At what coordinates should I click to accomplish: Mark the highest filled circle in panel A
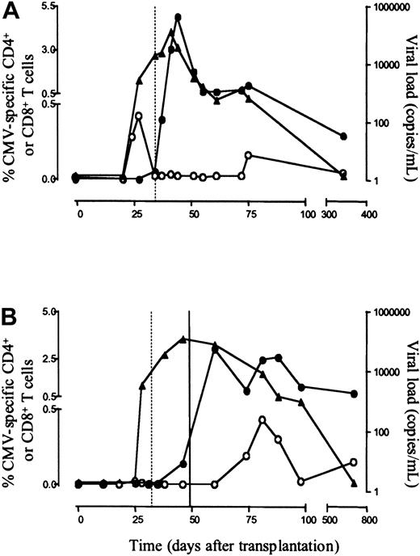[177, 17]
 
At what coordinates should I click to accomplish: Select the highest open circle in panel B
[262, 419]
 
